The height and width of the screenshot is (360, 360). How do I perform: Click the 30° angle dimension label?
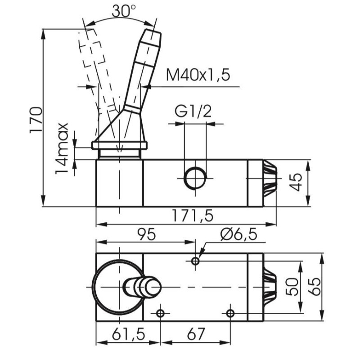coord(124,10)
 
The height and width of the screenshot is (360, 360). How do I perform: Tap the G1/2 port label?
coord(193,111)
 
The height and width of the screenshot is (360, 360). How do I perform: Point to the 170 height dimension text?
coord(36,120)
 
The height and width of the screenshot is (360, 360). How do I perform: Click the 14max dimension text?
coord(62,148)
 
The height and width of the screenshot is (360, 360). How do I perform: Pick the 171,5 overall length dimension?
coord(193,216)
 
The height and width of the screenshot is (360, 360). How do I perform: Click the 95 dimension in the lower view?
coord(147,234)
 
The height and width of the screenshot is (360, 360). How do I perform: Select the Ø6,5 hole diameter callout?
coord(238,234)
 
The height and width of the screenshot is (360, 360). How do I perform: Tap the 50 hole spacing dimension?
coord(292,287)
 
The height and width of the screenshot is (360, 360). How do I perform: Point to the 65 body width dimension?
coord(314,287)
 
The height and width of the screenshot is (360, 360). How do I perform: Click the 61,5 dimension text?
coord(129,334)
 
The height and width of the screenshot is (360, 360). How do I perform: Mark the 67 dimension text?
coord(196,334)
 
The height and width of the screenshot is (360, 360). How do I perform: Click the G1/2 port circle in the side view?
coord(195,178)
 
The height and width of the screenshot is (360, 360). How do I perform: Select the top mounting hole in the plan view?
coord(195,261)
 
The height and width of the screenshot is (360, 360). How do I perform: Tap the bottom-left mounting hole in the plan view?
coord(160,313)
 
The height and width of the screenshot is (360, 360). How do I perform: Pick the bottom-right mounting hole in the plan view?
coord(230,313)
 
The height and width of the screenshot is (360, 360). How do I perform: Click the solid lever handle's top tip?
coord(153,31)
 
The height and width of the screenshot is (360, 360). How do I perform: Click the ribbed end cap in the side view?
coord(270,178)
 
